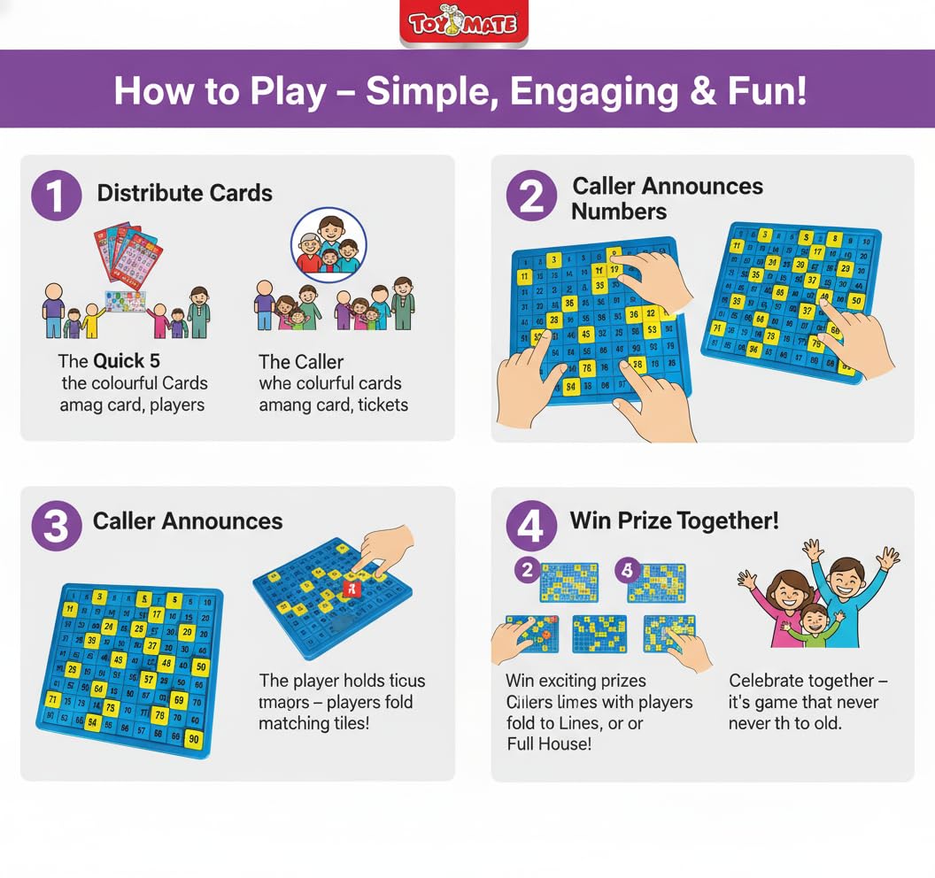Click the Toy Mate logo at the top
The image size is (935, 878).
(x=463, y=24)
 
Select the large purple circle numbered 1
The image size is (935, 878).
(x=57, y=196)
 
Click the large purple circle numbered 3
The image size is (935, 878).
(x=57, y=526)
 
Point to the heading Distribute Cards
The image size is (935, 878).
(x=184, y=193)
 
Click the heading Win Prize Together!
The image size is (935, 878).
(x=674, y=520)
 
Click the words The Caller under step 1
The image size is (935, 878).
(x=301, y=361)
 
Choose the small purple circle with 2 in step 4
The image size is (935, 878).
(x=527, y=571)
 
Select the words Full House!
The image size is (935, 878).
(x=548, y=744)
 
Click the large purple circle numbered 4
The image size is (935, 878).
(x=529, y=526)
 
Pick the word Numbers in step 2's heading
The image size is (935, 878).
(x=618, y=212)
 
